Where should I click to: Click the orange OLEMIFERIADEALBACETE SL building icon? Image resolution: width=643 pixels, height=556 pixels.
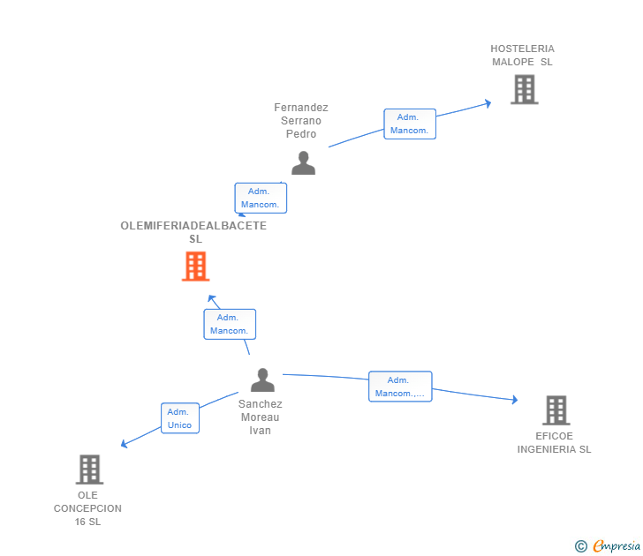[x=195, y=266]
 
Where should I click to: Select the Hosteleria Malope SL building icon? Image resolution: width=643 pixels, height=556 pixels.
[x=524, y=89]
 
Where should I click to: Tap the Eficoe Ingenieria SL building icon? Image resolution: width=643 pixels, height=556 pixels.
[x=556, y=410]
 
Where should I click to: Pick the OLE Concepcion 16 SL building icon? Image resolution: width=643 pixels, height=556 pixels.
[x=89, y=470]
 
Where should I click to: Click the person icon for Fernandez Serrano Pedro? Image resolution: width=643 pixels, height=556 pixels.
[x=303, y=163]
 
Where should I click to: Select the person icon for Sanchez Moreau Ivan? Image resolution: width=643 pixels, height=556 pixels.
[x=262, y=380]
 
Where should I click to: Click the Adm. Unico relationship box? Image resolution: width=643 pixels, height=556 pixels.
[x=179, y=418]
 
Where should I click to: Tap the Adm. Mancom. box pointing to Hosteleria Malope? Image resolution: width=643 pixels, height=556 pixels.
[x=409, y=124]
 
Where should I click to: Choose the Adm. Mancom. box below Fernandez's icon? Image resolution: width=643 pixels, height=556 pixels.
[x=261, y=198]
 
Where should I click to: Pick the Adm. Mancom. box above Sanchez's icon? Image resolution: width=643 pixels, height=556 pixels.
[x=230, y=324]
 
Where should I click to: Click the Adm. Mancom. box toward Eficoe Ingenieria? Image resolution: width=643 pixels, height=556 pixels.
[x=400, y=387]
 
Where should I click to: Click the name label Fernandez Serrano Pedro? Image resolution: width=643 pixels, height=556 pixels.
[x=301, y=121]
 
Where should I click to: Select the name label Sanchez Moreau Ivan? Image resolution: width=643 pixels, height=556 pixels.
[x=260, y=417]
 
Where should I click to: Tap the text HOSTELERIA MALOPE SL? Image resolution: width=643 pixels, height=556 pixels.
[x=523, y=56]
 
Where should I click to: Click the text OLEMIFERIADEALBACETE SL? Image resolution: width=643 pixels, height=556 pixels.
[x=193, y=232]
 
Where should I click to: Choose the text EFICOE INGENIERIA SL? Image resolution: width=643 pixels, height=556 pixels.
[x=555, y=443]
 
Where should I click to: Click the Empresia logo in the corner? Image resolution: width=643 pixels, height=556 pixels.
[x=609, y=545]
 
